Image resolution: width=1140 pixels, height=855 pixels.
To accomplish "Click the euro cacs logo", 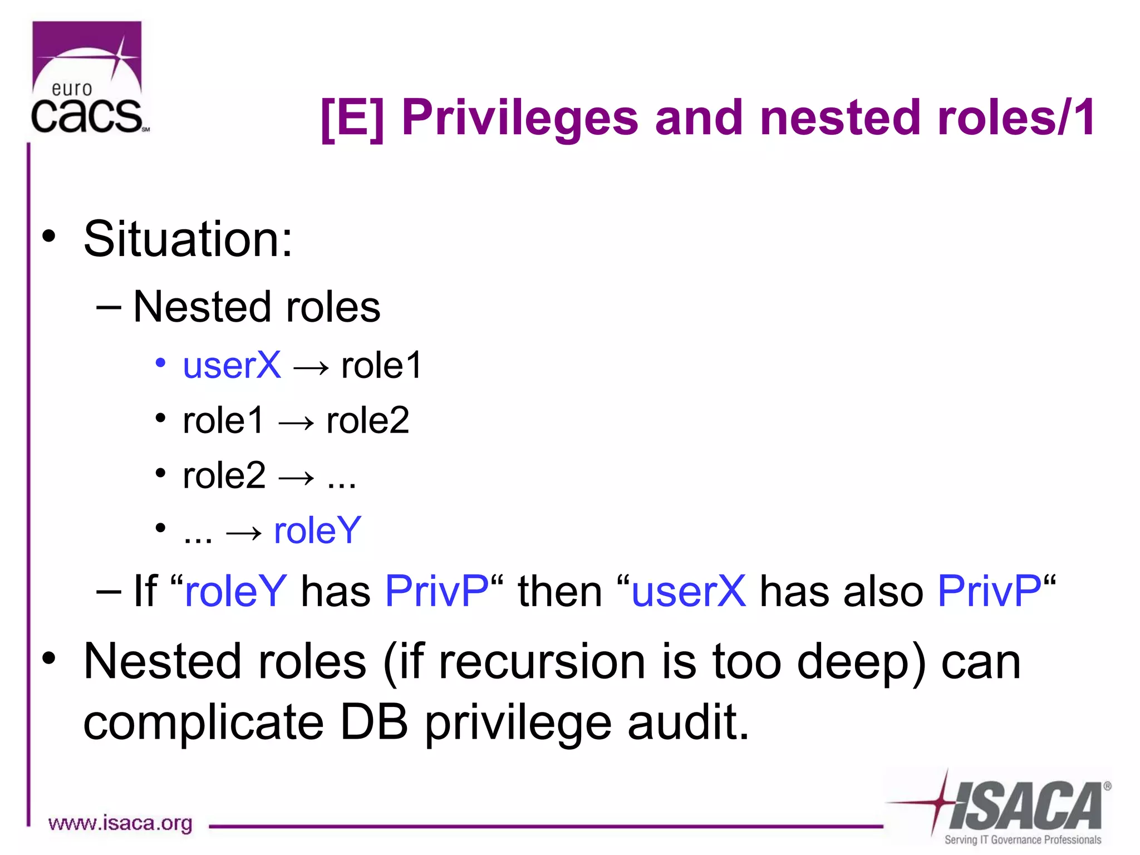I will click(x=88, y=78).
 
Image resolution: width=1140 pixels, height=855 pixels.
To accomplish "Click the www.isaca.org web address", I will click(x=120, y=823).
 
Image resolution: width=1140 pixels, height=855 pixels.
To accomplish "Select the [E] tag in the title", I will click(x=352, y=119).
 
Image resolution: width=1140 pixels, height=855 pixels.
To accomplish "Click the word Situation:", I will click(x=188, y=239).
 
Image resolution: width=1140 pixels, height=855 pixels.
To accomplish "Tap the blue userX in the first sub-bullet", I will click(x=232, y=366).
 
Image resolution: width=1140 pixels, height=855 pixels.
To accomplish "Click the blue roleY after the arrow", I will click(x=317, y=530).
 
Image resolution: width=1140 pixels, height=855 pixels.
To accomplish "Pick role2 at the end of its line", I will click(x=367, y=421).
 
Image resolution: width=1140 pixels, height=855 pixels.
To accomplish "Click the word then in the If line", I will click(x=560, y=592).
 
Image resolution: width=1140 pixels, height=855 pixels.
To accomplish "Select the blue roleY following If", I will click(x=235, y=592).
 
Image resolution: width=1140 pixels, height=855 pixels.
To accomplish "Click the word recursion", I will click(x=542, y=662).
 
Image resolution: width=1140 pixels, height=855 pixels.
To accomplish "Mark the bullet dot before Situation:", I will click(x=49, y=236).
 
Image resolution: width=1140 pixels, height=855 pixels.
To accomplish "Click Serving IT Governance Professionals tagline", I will click(x=1023, y=840).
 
